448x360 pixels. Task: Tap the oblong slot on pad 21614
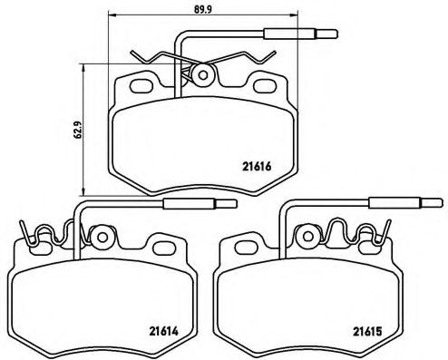(164, 247)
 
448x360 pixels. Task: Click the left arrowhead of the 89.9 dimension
(111, 15)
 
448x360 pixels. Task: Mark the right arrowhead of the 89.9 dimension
(298, 15)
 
